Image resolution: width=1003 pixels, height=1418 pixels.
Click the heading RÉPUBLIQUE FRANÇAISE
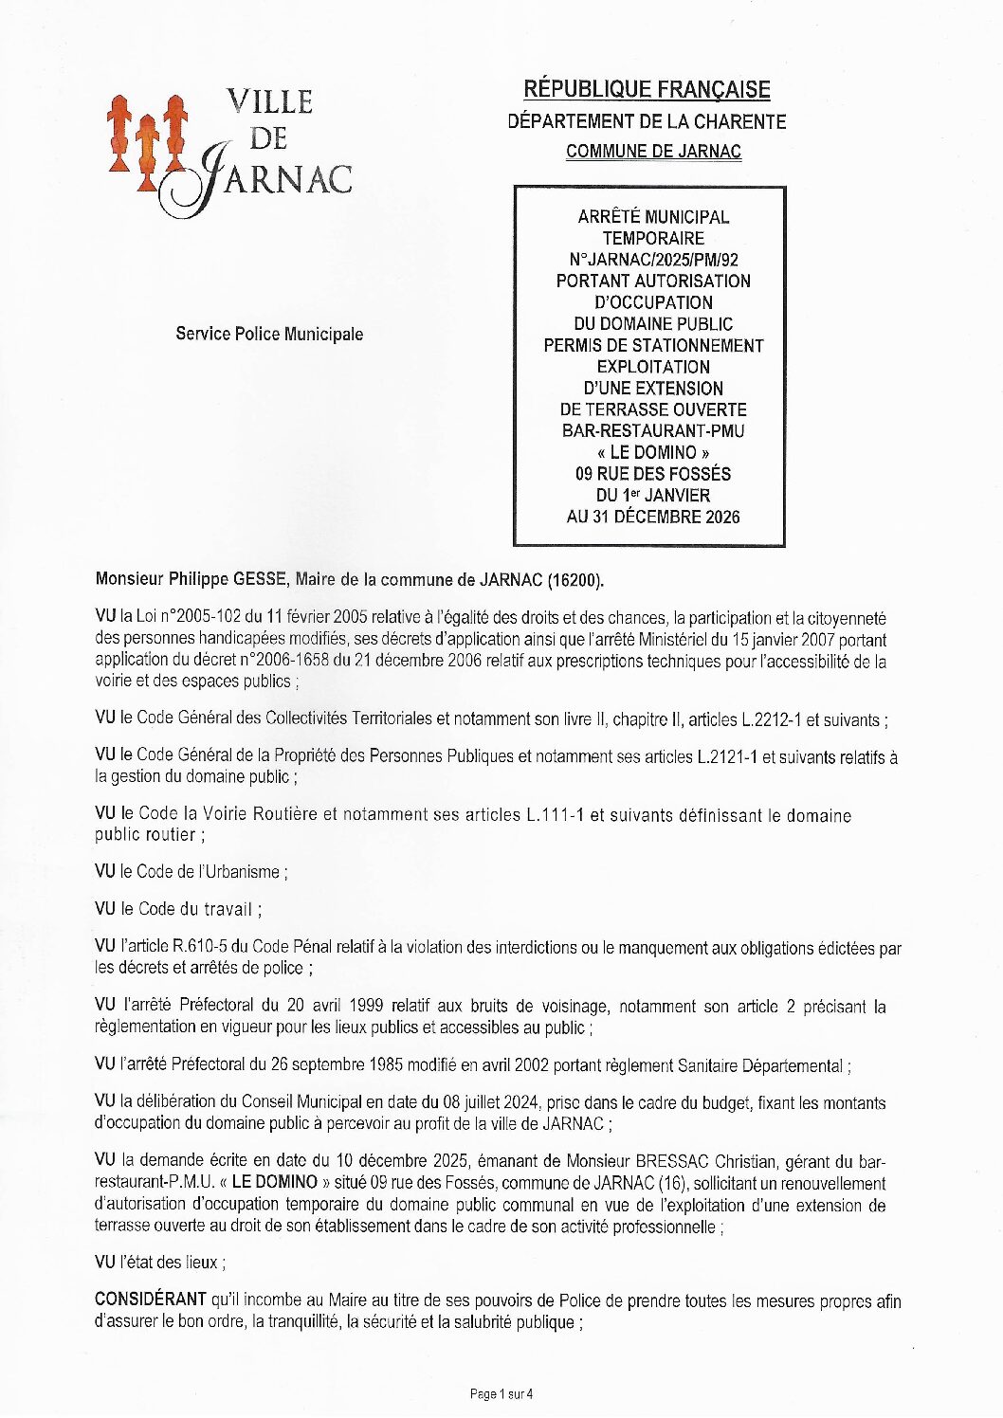point(647,90)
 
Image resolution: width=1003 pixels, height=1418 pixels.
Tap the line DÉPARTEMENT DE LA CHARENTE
point(647,121)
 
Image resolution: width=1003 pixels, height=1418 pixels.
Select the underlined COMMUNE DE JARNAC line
point(653,152)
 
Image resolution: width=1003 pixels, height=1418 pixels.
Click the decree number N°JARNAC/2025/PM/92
point(653,260)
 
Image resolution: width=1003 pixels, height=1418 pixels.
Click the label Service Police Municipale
point(269,334)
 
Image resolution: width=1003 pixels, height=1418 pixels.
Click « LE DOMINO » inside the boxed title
point(653,452)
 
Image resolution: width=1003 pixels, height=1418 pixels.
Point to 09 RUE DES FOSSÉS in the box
point(653,474)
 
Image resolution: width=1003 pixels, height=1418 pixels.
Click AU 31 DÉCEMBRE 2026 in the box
point(653,517)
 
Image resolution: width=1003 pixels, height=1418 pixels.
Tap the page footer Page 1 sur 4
point(501,1393)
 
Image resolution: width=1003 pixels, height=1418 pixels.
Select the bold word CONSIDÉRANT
point(150,1300)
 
